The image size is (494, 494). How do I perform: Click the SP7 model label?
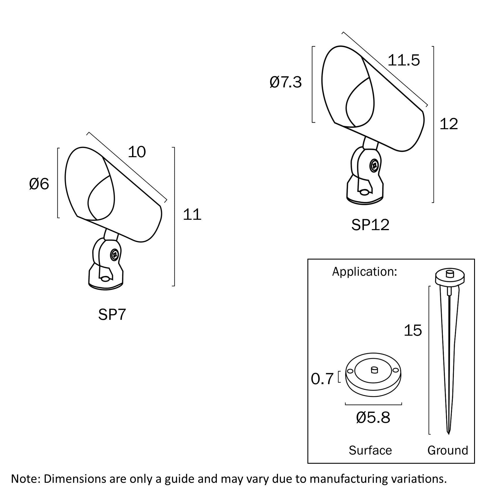[112, 314]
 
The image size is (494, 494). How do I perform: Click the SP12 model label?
[370, 225]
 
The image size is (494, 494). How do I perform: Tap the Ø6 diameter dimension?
[39, 184]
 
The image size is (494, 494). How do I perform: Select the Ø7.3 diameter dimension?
[286, 82]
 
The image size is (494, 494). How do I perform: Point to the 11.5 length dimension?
[404, 60]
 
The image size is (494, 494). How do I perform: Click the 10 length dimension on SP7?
[137, 152]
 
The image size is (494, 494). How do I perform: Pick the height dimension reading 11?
[192, 215]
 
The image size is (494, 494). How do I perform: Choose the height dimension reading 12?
[449, 124]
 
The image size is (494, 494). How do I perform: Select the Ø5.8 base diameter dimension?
[373, 417]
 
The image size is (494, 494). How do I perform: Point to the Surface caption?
[370, 450]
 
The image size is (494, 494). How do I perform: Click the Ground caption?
[448, 450]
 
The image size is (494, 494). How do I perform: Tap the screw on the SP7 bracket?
[115, 255]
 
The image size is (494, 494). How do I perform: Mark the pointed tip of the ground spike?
[448, 442]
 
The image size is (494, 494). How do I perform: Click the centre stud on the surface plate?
[374, 370]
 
